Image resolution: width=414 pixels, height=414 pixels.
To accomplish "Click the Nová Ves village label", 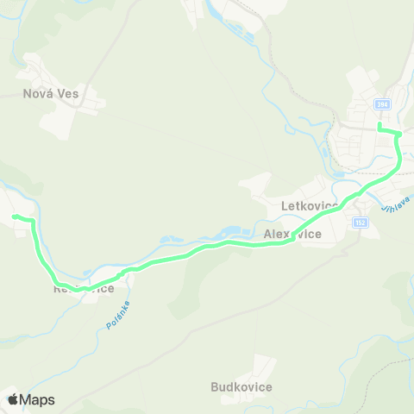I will click(x=50, y=94).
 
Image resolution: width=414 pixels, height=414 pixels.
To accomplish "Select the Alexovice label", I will click(x=293, y=234).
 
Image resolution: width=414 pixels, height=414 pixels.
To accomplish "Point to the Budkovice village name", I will click(x=241, y=387).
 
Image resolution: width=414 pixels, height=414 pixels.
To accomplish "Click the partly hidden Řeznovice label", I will click(x=83, y=289).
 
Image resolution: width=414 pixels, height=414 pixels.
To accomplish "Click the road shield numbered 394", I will click(x=381, y=104).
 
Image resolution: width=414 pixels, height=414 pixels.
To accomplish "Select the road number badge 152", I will click(x=360, y=223).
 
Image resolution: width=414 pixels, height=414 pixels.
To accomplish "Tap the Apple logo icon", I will click(x=13, y=399).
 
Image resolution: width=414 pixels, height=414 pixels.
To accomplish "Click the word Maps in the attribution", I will click(x=37, y=399).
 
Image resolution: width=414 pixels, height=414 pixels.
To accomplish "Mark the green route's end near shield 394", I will click(x=379, y=128).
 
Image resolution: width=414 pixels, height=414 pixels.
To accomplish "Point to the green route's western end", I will click(x=15, y=216).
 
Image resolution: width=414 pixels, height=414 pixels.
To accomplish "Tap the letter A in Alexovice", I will click(x=268, y=234).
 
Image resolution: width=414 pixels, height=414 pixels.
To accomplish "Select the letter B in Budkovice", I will click(x=215, y=387).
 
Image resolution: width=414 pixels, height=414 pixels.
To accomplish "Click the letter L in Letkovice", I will click(x=285, y=206).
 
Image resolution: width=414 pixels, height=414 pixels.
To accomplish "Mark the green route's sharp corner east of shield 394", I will click(x=399, y=135).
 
